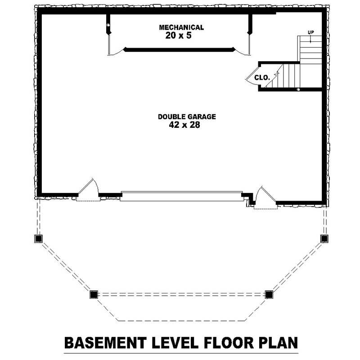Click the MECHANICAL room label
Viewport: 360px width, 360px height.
[181, 27]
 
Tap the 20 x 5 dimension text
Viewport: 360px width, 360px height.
[178, 36]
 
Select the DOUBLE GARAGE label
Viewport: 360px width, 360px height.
[187, 117]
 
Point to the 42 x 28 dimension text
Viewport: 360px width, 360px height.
[184, 126]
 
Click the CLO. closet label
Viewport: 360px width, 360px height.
[262, 77]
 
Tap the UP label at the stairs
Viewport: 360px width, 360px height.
[310, 32]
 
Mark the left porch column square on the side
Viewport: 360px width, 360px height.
[38, 238]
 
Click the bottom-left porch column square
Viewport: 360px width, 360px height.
[94, 295]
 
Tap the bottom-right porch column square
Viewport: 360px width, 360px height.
[269, 295]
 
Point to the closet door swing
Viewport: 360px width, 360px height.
[251, 77]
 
